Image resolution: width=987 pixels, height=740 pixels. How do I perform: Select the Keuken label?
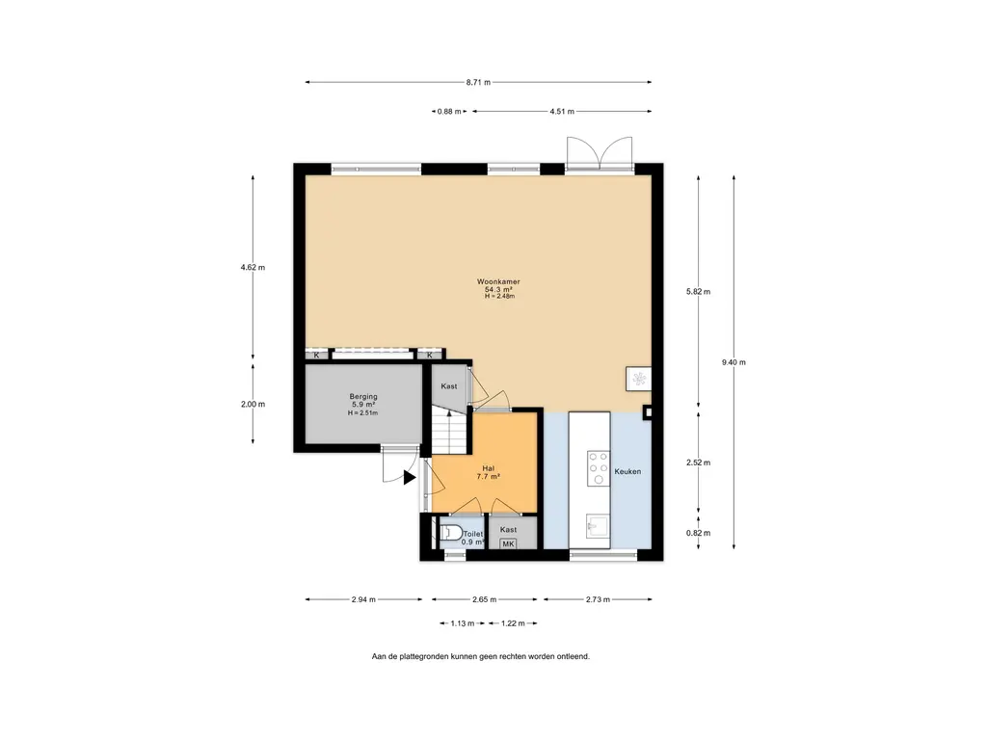tap(627, 471)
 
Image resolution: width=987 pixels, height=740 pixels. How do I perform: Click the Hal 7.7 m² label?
tap(489, 472)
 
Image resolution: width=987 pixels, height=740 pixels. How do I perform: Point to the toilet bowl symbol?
tap(451, 532)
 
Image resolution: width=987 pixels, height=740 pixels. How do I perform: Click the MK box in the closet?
tap(508, 543)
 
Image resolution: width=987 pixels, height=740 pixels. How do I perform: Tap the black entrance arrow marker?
tap(410, 478)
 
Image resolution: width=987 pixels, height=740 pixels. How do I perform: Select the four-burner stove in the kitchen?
tap(599, 468)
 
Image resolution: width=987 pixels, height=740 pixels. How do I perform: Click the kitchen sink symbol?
tap(598, 525)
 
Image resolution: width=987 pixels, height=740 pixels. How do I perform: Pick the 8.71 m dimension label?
tap(478, 82)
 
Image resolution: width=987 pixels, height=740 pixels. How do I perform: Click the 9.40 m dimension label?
tap(734, 362)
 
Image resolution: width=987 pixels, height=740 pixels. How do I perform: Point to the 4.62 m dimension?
tap(253, 267)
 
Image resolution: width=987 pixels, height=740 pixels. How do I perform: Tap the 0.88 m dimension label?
tap(449, 112)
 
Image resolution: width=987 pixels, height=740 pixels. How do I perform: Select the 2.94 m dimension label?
tap(363, 599)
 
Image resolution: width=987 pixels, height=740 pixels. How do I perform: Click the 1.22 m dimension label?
tap(513, 623)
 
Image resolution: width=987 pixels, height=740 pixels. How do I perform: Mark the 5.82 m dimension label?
tap(698, 291)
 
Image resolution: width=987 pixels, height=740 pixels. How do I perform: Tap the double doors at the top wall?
tap(600, 153)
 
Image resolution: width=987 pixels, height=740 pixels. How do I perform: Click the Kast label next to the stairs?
tap(449, 386)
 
